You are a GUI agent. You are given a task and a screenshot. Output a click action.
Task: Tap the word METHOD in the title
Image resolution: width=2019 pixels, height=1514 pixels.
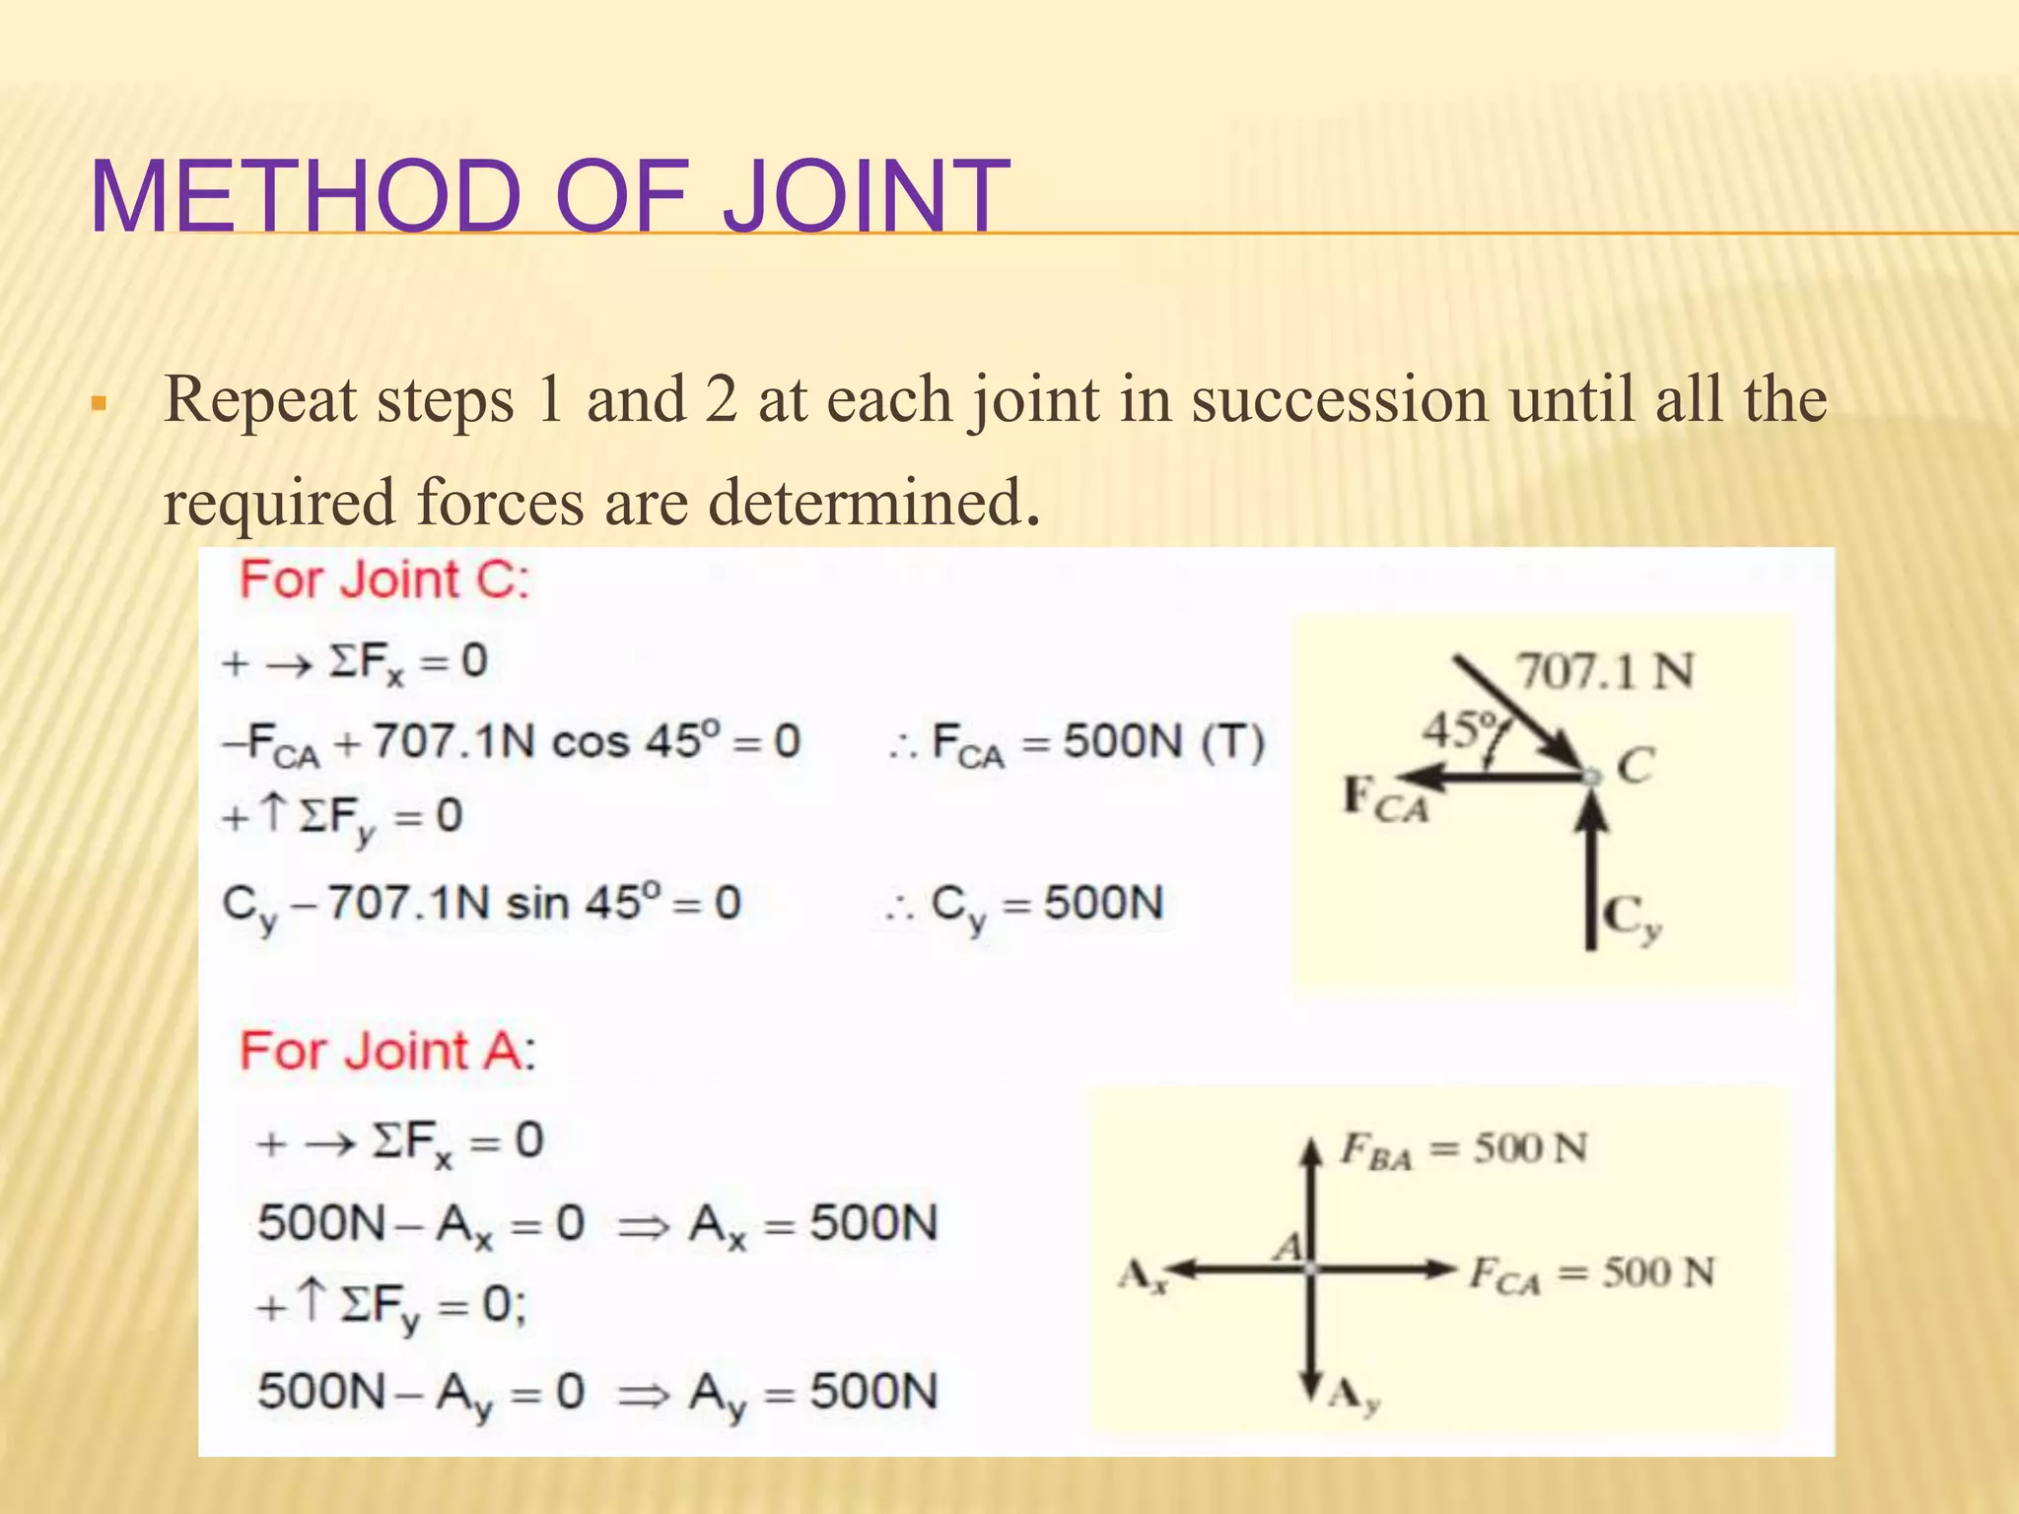[306, 196]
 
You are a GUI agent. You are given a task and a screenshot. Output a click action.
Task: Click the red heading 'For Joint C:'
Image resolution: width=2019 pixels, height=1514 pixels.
[385, 579]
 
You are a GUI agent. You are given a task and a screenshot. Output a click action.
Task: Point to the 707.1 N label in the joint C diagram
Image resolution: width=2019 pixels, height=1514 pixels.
[1605, 672]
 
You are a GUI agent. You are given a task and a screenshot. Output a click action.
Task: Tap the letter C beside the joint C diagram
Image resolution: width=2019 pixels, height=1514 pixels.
[1636, 765]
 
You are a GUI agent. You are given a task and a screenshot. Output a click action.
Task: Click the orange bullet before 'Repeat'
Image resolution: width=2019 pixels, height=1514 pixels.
[98, 403]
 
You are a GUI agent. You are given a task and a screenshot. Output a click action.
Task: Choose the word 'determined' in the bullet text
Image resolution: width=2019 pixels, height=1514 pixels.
[867, 503]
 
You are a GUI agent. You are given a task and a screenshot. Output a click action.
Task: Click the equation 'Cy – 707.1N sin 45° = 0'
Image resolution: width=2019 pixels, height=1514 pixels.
[482, 905]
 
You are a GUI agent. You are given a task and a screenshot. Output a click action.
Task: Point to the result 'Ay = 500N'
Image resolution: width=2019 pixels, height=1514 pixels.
[813, 1394]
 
